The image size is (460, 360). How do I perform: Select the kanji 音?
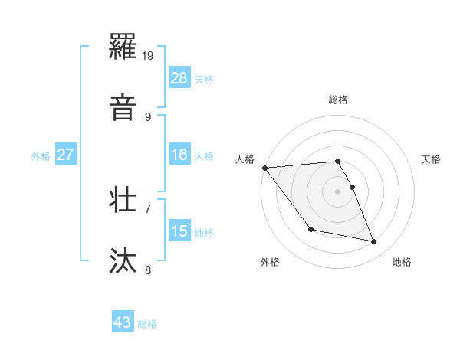(x=124, y=107)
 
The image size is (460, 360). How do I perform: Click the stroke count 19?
(x=149, y=56)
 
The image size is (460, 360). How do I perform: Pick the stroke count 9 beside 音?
(x=148, y=116)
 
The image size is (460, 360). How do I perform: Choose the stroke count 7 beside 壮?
(x=148, y=208)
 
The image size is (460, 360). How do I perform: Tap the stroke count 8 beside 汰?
(x=148, y=269)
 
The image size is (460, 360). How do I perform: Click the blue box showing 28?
(x=179, y=78)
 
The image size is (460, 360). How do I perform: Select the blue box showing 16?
(x=179, y=155)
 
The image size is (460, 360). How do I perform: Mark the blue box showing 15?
(x=179, y=231)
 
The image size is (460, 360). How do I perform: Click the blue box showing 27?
(x=66, y=155)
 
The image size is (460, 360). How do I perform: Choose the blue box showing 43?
(x=123, y=322)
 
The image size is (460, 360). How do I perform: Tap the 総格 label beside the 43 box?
(x=147, y=324)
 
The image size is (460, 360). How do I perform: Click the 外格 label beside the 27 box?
(x=41, y=155)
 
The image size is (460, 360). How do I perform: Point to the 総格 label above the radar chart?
(x=338, y=100)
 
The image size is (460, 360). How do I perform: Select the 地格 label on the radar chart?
(x=402, y=262)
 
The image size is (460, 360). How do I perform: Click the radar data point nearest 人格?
(x=264, y=168)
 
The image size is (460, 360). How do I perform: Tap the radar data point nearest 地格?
(x=374, y=242)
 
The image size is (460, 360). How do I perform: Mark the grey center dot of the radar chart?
(x=338, y=191)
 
